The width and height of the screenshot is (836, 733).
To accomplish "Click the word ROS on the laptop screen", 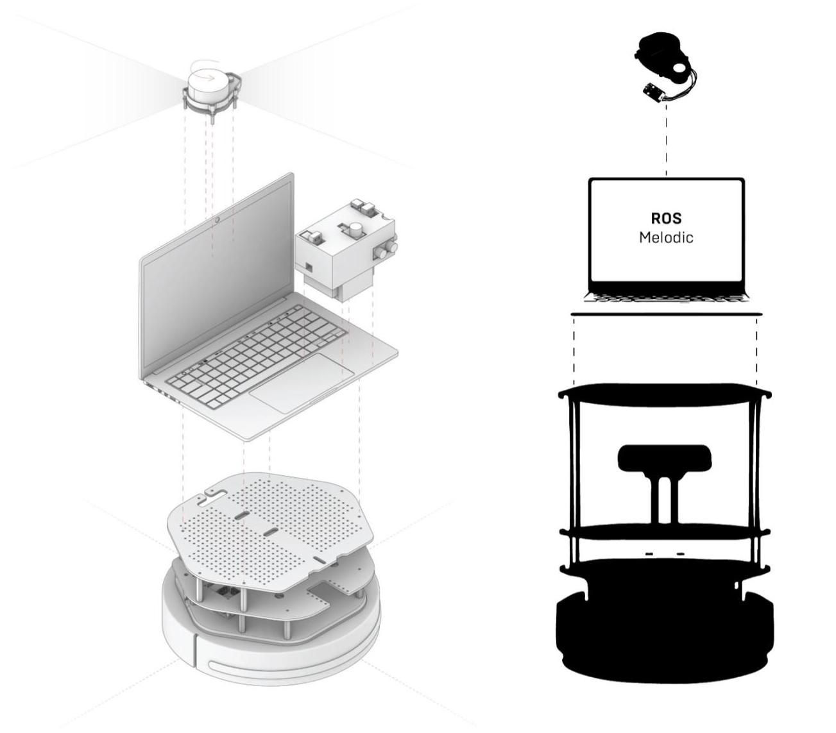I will tap(666, 219).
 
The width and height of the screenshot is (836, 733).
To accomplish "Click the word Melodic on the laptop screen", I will tap(666, 237).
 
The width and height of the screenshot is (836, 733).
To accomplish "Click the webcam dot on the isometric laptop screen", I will tap(219, 220).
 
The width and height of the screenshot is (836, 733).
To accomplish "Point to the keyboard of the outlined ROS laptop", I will tap(666, 296).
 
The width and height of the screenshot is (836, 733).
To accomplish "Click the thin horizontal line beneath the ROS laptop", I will tap(666, 314).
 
